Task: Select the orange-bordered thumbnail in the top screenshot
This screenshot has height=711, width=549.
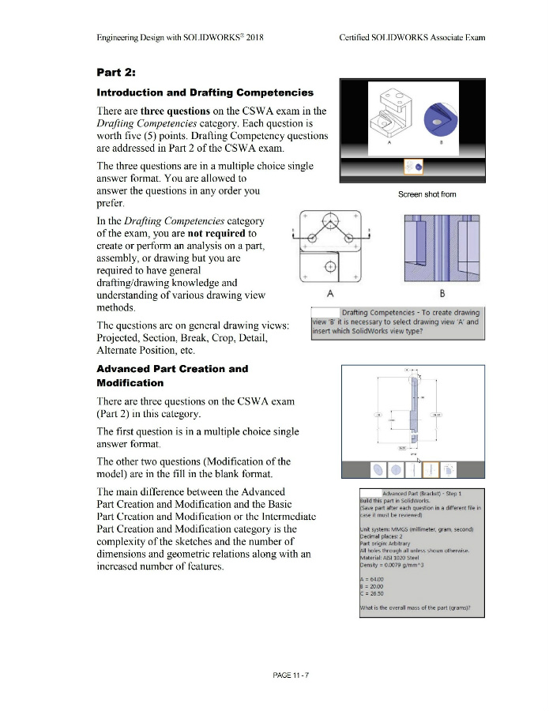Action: click(413, 167)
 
